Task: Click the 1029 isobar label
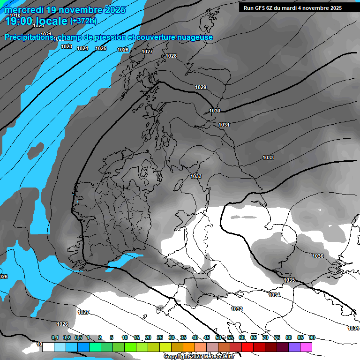point(201,88)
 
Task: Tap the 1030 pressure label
point(215,111)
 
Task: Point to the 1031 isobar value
point(224,125)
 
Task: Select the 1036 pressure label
point(318,256)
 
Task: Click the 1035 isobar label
point(289,280)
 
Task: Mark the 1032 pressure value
point(237,309)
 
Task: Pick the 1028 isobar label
point(171,56)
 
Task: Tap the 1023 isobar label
point(67,46)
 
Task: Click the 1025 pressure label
point(101,48)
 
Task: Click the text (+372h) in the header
point(83,21)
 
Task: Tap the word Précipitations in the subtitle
point(29,37)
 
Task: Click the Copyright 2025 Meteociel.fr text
point(199,356)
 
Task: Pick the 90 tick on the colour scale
point(312,337)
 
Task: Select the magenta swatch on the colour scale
point(306,347)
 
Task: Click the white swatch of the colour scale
point(48,347)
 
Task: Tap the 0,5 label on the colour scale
point(78,337)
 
